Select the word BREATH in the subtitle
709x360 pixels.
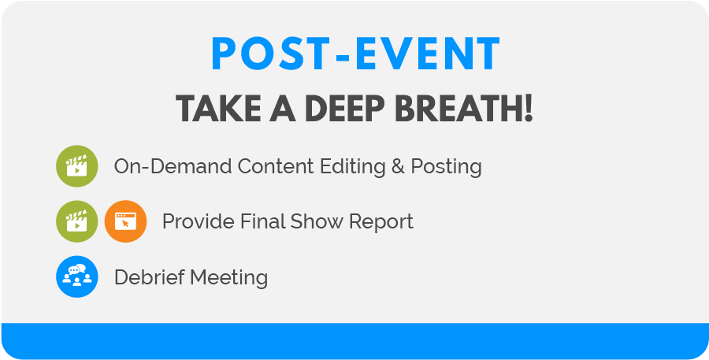click(455, 109)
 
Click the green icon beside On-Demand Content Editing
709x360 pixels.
click(76, 166)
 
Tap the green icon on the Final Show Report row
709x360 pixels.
click(76, 221)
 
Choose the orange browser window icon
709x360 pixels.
click(125, 221)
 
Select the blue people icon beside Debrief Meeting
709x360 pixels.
click(76, 276)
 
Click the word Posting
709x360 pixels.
click(446, 167)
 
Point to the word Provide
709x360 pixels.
click(195, 222)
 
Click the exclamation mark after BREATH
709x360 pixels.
click(526, 109)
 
